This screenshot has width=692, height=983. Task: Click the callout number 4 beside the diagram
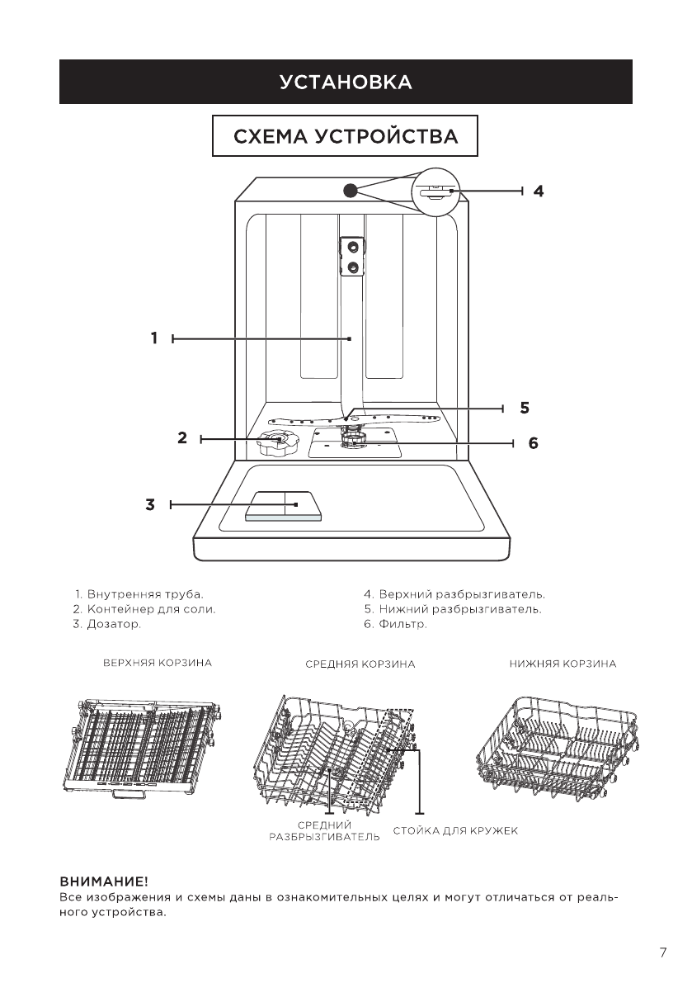[538, 191]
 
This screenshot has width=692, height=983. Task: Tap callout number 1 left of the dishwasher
[154, 338]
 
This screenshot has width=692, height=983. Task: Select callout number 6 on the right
[533, 443]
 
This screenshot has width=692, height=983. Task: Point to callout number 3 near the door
[149, 504]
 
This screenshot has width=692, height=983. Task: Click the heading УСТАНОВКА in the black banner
[346, 83]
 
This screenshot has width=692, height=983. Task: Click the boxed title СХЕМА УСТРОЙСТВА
[345, 136]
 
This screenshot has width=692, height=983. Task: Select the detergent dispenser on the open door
[284, 507]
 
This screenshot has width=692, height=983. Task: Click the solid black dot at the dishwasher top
[350, 190]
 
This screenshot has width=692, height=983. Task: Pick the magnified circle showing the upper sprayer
[439, 191]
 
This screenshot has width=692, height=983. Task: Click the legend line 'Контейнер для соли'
[144, 609]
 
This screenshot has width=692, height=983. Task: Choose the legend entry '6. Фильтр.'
[395, 625]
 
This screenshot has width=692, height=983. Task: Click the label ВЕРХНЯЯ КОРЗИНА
[158, 663]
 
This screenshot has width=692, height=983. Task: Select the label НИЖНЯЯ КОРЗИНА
[563, 664]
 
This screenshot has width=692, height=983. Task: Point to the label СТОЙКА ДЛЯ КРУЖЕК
[455, 831]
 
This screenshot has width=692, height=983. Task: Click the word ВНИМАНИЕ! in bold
[104, 882]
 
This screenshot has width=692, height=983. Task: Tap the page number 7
[663, 953]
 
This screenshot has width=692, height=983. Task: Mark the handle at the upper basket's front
[129, 794]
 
